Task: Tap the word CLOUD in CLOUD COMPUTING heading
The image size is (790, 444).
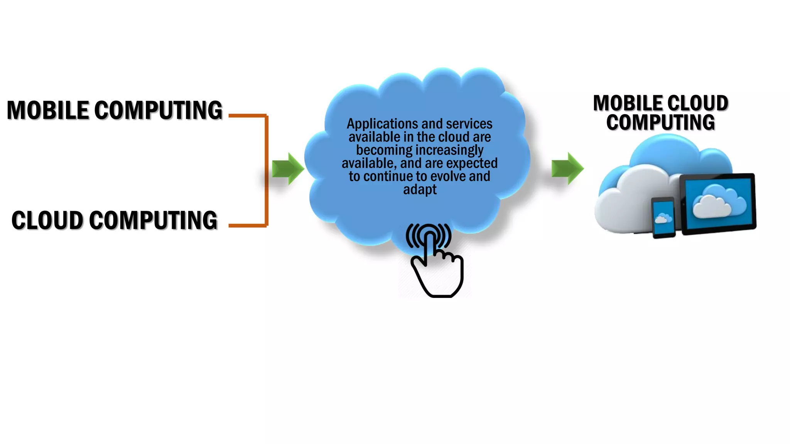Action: click(47, 220)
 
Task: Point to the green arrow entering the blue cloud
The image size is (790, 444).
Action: click(287, 169)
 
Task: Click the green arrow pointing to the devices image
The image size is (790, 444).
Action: click(567, 169)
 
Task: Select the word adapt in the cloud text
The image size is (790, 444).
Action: click(420, 190)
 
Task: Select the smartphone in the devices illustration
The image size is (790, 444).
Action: click(663, 218)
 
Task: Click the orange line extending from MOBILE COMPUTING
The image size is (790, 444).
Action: click(247, 115)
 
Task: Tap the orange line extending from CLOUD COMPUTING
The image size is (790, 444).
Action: click(247, 225)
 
